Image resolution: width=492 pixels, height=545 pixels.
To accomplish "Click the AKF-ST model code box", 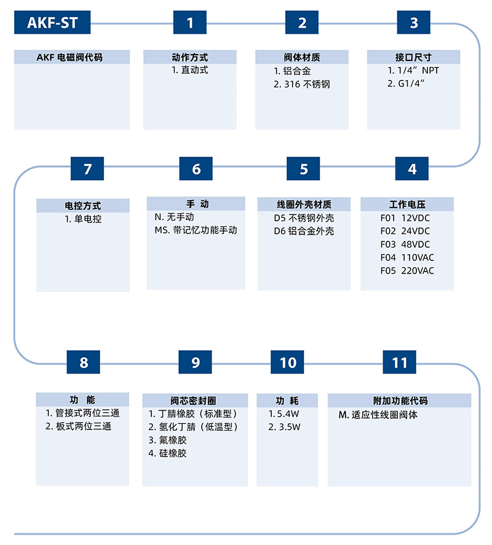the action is coord(52,22).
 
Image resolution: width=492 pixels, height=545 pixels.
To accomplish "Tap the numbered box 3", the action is coord(413,22).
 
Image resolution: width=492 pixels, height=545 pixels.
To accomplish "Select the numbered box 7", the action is coord(87,168).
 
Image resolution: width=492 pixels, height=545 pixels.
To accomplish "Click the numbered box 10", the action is coord(287,362).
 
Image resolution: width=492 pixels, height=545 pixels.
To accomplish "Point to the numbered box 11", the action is coord(399,362).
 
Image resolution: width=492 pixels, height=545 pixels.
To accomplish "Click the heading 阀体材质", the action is coord(302,57).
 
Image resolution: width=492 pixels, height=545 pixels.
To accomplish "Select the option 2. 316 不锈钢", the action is coord(302,84).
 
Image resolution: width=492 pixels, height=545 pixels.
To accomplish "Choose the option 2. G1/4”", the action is coord(406,84).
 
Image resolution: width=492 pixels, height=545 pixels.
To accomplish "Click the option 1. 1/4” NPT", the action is coord(413,70).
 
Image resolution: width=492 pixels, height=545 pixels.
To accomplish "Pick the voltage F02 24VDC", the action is coord(405,231).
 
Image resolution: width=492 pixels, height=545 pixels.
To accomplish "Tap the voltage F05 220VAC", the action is coord(407,270).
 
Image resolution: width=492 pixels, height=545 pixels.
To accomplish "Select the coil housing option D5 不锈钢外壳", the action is coord(304,218).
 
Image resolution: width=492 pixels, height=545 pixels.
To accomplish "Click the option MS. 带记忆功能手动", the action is coord(196,230).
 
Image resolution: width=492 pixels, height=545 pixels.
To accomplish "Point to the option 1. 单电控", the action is coord(83,219).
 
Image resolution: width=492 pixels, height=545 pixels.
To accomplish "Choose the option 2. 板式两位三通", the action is coord(78,426).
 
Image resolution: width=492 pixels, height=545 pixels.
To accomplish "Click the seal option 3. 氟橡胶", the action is coord(167,440).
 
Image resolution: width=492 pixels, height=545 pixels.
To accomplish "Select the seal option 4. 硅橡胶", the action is coord(167,453).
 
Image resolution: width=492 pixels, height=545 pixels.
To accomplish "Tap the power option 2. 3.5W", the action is coord(284,427).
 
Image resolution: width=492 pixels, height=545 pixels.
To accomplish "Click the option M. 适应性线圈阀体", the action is coord(378,415).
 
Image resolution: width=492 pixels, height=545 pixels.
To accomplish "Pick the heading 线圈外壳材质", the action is coord(304,205).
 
